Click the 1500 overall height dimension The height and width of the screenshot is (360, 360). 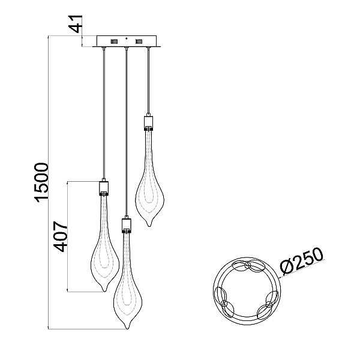[x=42, y=182]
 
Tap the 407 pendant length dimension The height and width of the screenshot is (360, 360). [x=61, y=236]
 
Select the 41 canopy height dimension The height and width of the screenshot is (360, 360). [x=76, y=23]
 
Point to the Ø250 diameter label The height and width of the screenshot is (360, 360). [x=302, y=261]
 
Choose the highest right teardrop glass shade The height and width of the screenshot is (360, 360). [x=149, y=179]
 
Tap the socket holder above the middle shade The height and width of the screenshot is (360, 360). [x=126, y=226]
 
